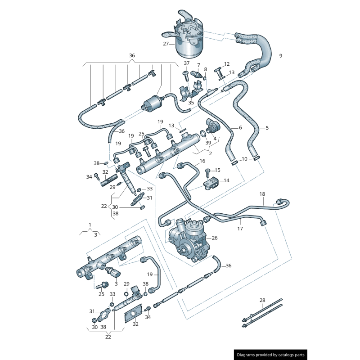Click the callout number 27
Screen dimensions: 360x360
(x=166, y=44)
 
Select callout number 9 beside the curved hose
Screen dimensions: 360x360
(x=280, y=56)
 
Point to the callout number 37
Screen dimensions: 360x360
(x=187, y=63)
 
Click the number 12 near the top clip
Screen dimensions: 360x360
(x=227, y=64)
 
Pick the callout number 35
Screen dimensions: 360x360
(x=191, y=103)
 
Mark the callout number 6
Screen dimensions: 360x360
(x=240, y=128)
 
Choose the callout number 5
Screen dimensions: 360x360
(x=267, y=128)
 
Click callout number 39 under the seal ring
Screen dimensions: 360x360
(x=208, y=143)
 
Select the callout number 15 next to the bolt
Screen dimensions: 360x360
(x=218, y=170)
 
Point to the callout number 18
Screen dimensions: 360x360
(x=262, y=194)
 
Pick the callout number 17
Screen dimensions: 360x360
(x=240, y=229)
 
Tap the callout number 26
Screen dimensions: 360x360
(x=215, y=238)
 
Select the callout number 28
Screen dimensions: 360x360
(x=262, y=300)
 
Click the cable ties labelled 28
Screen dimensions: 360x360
(x=262, y=314)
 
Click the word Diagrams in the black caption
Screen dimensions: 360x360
(x=248, y=355)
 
